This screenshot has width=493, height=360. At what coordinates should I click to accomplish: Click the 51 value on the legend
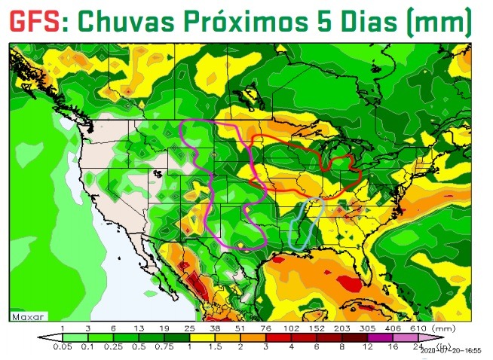pos(240,329)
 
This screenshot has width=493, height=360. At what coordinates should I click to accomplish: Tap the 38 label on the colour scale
pos(216,329)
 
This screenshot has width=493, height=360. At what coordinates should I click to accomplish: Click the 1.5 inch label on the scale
pos(216,346)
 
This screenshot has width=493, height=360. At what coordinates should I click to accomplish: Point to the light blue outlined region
pos(305,226)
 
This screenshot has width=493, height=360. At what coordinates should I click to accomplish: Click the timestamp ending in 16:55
pos(452,350)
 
